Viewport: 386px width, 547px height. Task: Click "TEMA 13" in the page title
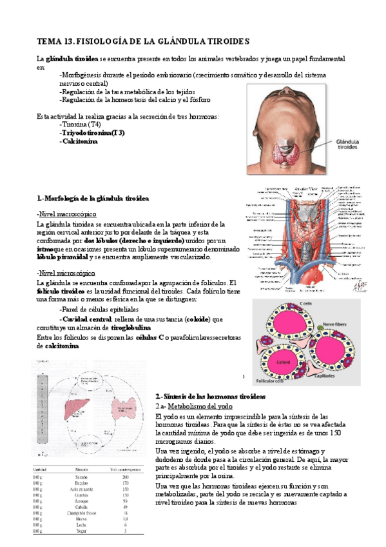pyautogui.click(x=54, y=41)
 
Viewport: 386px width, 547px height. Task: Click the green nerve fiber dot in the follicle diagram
pyautogui.click(x=318, y=328)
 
